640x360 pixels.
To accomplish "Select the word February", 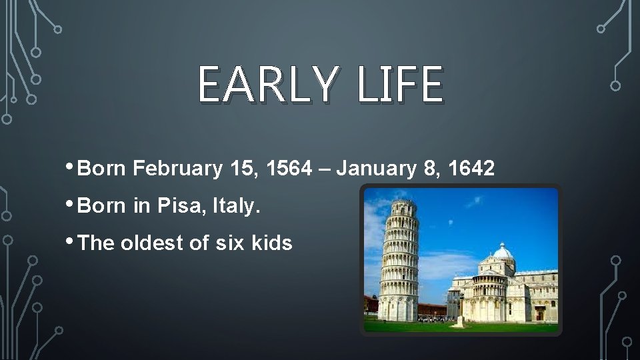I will pos(177,169).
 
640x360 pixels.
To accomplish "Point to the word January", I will pos(374,169).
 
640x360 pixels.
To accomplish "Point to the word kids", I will pos(272,244).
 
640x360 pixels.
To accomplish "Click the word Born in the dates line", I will pos(103,169).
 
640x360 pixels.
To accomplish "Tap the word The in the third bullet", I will pos(97,244).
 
